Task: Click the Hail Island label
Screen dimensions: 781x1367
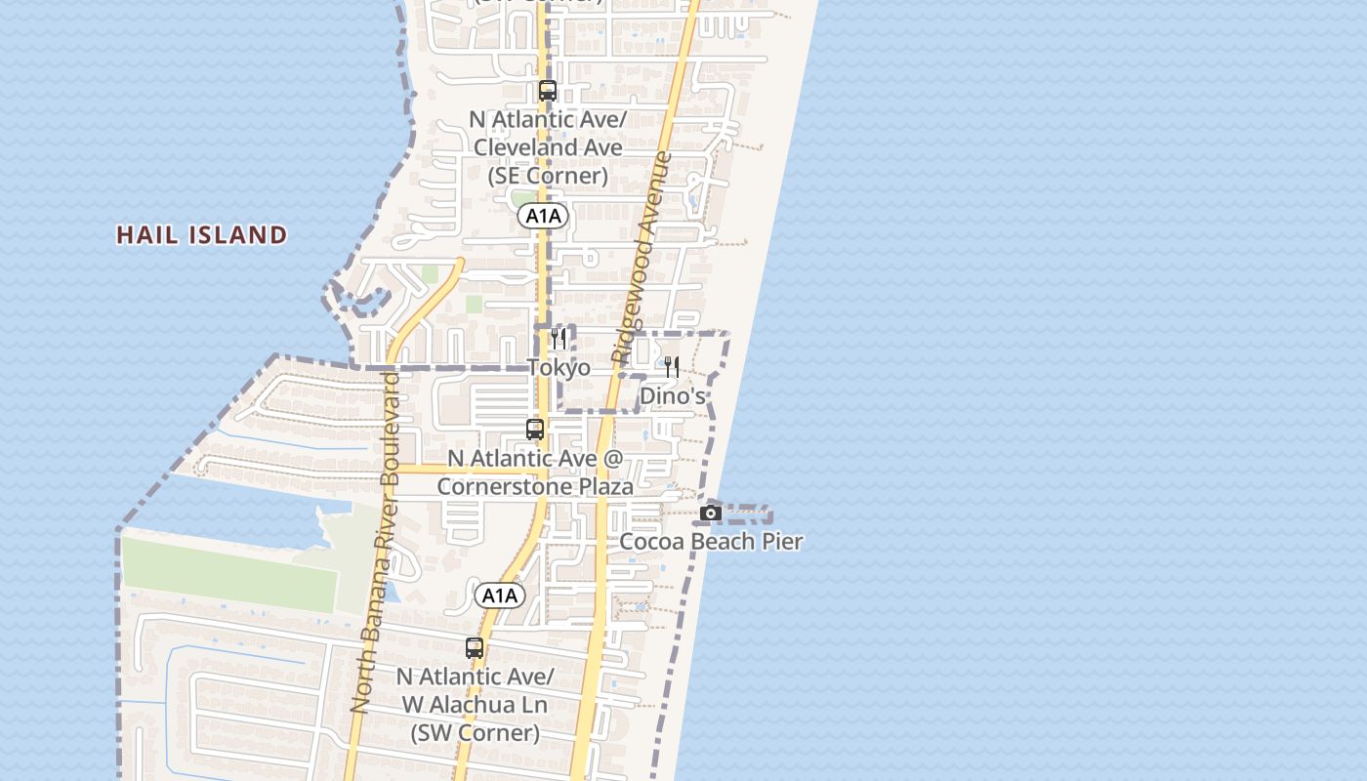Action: [202, 235]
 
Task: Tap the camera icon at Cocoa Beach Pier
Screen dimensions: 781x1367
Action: [711, 513]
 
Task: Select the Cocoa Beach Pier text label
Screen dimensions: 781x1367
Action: [711, 541]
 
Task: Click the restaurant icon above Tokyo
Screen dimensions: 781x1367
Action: [559, 339]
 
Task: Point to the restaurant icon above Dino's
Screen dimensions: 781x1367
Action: [672, 367]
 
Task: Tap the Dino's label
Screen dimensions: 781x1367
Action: [672, 395]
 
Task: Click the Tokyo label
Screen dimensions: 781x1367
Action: [559, 367]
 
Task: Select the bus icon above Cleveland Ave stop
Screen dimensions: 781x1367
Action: [548, 91]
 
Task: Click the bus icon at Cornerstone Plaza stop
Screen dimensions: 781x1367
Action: [535, 429]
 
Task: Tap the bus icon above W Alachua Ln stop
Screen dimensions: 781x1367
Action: [475, 647]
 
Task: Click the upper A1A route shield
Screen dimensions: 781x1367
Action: [543, 216]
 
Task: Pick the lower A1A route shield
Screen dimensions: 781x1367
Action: [499, 596]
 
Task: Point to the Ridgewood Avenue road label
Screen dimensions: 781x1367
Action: [642, 259]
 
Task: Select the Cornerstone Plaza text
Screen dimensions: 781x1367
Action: [535, 486]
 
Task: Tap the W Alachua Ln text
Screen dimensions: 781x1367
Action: [475, 704]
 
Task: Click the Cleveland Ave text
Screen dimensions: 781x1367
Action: [548, 147]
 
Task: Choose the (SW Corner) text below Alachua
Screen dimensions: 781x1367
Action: [475, 732]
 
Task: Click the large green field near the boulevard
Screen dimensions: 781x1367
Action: [229, 574]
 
